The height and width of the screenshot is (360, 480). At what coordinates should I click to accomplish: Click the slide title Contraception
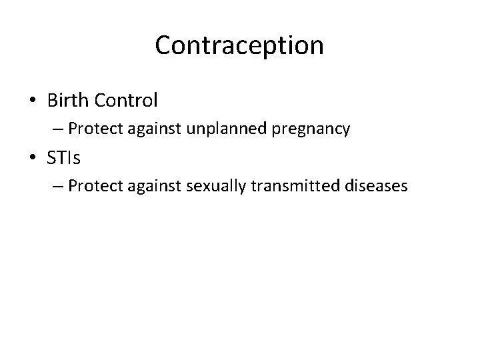pyautogui.click(x=239, y=45)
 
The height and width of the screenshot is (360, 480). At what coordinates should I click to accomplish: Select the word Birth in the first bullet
pyautogui.click(x=69, y=101)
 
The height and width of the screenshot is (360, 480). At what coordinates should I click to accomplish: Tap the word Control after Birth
pyautogui.click(x=127, y=101)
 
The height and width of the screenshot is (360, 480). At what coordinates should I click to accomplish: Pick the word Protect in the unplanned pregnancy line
pyautogui.click(x=93, y=129)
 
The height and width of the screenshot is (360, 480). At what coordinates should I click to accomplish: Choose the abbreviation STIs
pyautogui.click(x=65, y=157)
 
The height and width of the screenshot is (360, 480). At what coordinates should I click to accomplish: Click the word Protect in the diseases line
pyautogui.click(x=93, y=186)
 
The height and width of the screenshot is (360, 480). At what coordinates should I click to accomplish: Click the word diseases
pyautogui.click(x=374, y=186)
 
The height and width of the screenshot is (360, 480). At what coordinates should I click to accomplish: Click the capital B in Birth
pyautogui.click(x=53, y=101)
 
